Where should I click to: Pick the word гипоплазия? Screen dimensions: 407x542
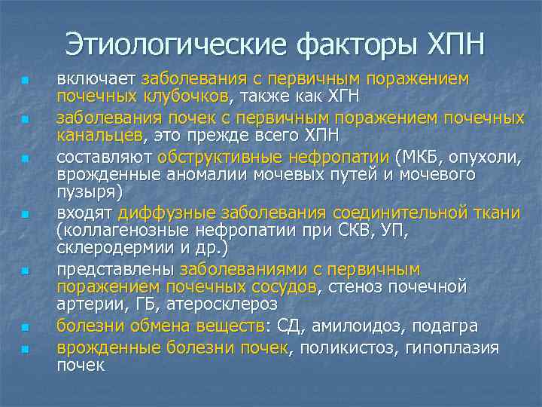tap(452, 347)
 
